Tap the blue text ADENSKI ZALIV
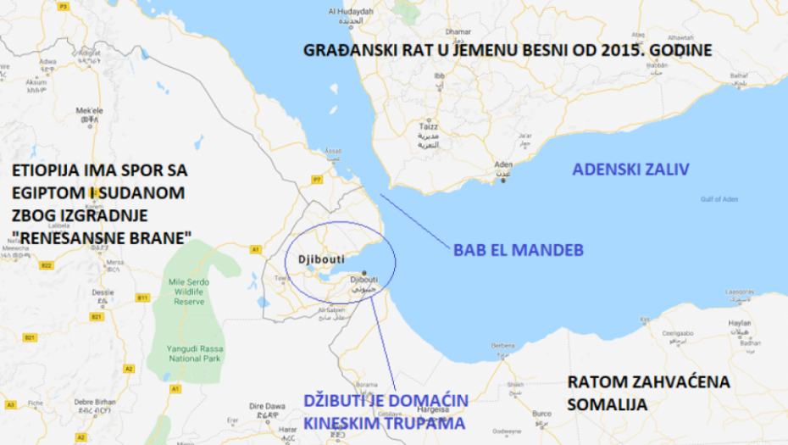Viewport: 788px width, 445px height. point(631,170)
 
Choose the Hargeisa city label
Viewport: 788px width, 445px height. point(433,384)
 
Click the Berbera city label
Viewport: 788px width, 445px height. point(503,347)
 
